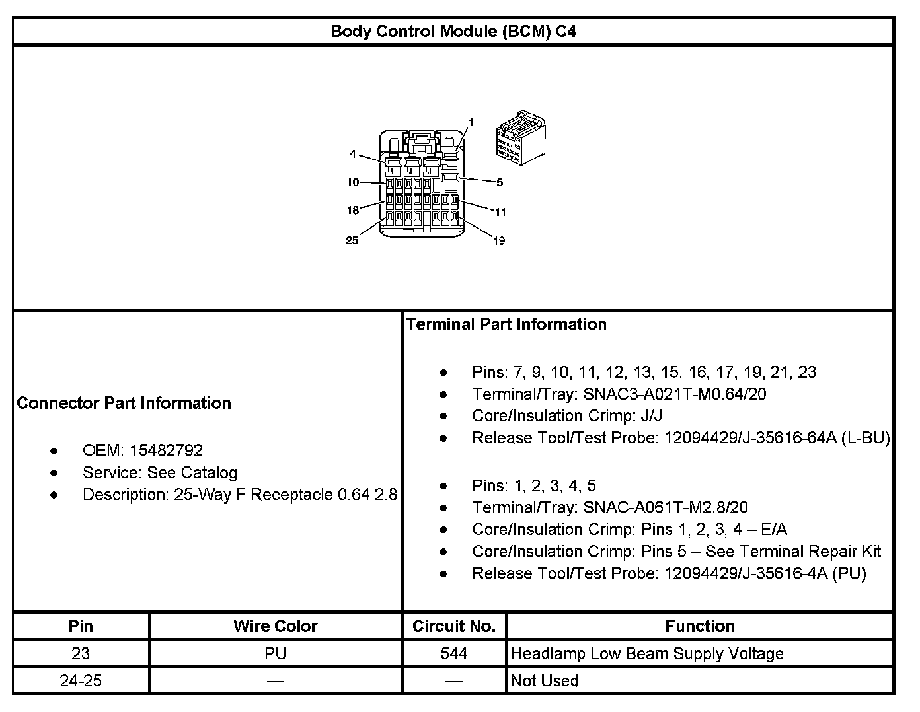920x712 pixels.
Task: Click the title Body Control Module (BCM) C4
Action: point(453,31)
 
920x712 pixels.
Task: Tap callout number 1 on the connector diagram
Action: point(471,122)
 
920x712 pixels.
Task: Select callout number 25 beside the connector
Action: point(352,240)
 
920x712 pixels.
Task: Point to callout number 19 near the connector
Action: point(499,241)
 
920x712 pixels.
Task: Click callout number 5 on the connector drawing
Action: point(500,182)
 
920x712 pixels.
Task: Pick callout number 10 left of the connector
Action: point(353,182)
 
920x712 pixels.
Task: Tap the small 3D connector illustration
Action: point(521,139)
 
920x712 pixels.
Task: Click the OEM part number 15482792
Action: point(166,450)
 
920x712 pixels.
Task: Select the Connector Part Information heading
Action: point(124,403)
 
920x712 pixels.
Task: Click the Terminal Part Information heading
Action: point(506,324)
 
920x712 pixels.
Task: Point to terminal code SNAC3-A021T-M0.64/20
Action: point(675,394)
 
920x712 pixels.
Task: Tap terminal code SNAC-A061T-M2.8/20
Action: point(666,507)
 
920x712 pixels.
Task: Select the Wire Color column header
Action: point(276,626)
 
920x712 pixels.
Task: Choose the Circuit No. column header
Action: point(454,626)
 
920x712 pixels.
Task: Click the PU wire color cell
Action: point(276,653)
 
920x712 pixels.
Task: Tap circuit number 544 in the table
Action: point(454,653)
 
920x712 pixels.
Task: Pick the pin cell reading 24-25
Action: point(81,680)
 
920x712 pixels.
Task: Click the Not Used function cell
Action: point(545,680)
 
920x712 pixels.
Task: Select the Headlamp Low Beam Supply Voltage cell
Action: point(647,653)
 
